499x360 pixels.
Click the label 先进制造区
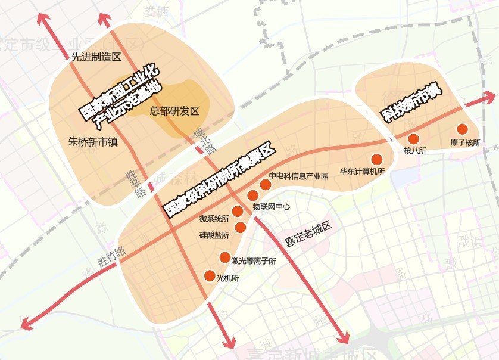96,57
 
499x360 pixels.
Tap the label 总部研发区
174,111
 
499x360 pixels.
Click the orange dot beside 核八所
414,138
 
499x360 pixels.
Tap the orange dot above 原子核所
462,129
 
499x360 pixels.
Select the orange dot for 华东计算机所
376,159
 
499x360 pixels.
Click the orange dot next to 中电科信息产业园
266,185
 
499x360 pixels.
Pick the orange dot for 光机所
210,276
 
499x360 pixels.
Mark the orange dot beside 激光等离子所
224,257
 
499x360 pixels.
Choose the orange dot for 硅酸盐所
241,227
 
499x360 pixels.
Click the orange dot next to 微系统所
237,211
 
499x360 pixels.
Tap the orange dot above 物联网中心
252,195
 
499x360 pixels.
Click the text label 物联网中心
272,207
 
